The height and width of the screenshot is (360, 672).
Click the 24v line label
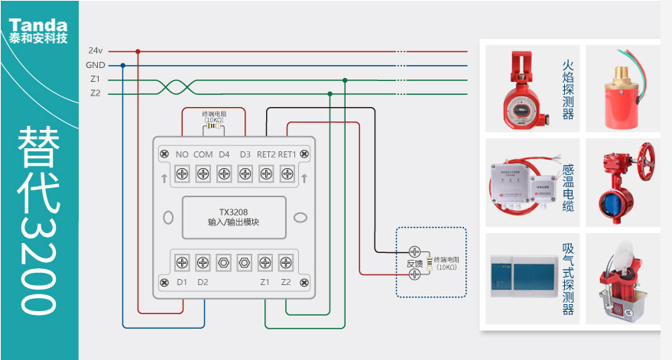click(x=96, y=50)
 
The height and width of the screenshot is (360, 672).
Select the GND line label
click(x=96, y=65)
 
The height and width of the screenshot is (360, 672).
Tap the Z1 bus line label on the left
click(x=95, y=79)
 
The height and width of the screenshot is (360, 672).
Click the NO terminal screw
click(x=182, y=174)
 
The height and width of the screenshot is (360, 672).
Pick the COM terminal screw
click(x=203, y=174)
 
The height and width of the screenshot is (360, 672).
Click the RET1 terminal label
click(x=287, y=154)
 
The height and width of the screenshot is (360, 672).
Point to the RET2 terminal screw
click(x=266, y=174)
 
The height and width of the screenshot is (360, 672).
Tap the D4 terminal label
click(x=224, y=154)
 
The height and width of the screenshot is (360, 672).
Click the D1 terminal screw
click(x=182, y=261)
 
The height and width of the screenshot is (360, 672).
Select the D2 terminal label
click(x=203, y=282)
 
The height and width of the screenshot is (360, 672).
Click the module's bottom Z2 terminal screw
click(x=286, y=261)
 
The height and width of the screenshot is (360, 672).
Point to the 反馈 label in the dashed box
click(x=414, y=263)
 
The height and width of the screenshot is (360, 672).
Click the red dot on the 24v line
click(x=138, y=51)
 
